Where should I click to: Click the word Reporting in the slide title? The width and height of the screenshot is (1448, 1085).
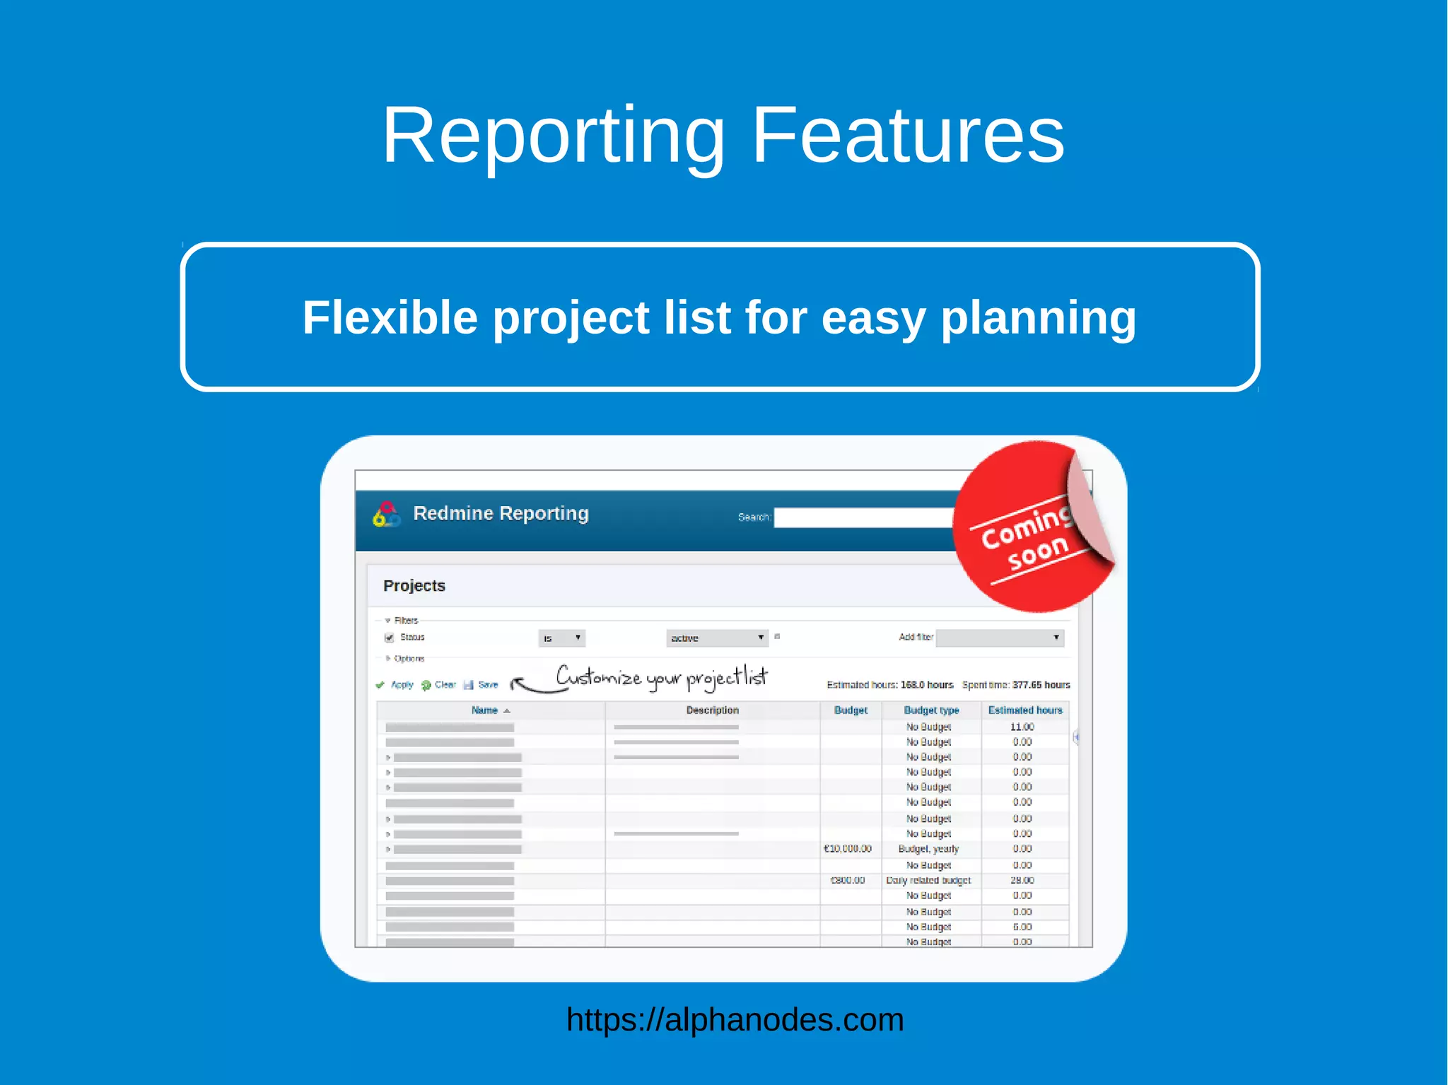(553, 136)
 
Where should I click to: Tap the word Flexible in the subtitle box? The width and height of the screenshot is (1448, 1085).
(390, 317)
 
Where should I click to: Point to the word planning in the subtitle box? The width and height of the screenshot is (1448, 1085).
(1038, 317)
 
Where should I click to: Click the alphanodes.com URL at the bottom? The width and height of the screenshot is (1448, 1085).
(735, 1019)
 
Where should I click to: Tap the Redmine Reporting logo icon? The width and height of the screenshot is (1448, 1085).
(386, 515)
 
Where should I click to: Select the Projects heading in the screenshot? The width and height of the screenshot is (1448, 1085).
(414, 586)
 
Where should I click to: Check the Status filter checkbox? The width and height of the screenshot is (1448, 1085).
(389, 638)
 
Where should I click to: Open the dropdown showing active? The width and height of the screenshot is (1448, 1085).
(716, 638)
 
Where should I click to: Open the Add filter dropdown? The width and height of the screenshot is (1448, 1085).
(999, 638)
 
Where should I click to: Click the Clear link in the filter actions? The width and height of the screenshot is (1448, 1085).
(445, 685)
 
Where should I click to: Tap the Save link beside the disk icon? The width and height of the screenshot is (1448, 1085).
(488, 685)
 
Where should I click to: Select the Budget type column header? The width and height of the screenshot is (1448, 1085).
(931, 710)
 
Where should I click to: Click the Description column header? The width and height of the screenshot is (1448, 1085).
(712, 710)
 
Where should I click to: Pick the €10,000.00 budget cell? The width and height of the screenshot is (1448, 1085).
(848, 849)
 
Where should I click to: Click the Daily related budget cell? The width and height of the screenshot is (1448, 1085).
(928, 881)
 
